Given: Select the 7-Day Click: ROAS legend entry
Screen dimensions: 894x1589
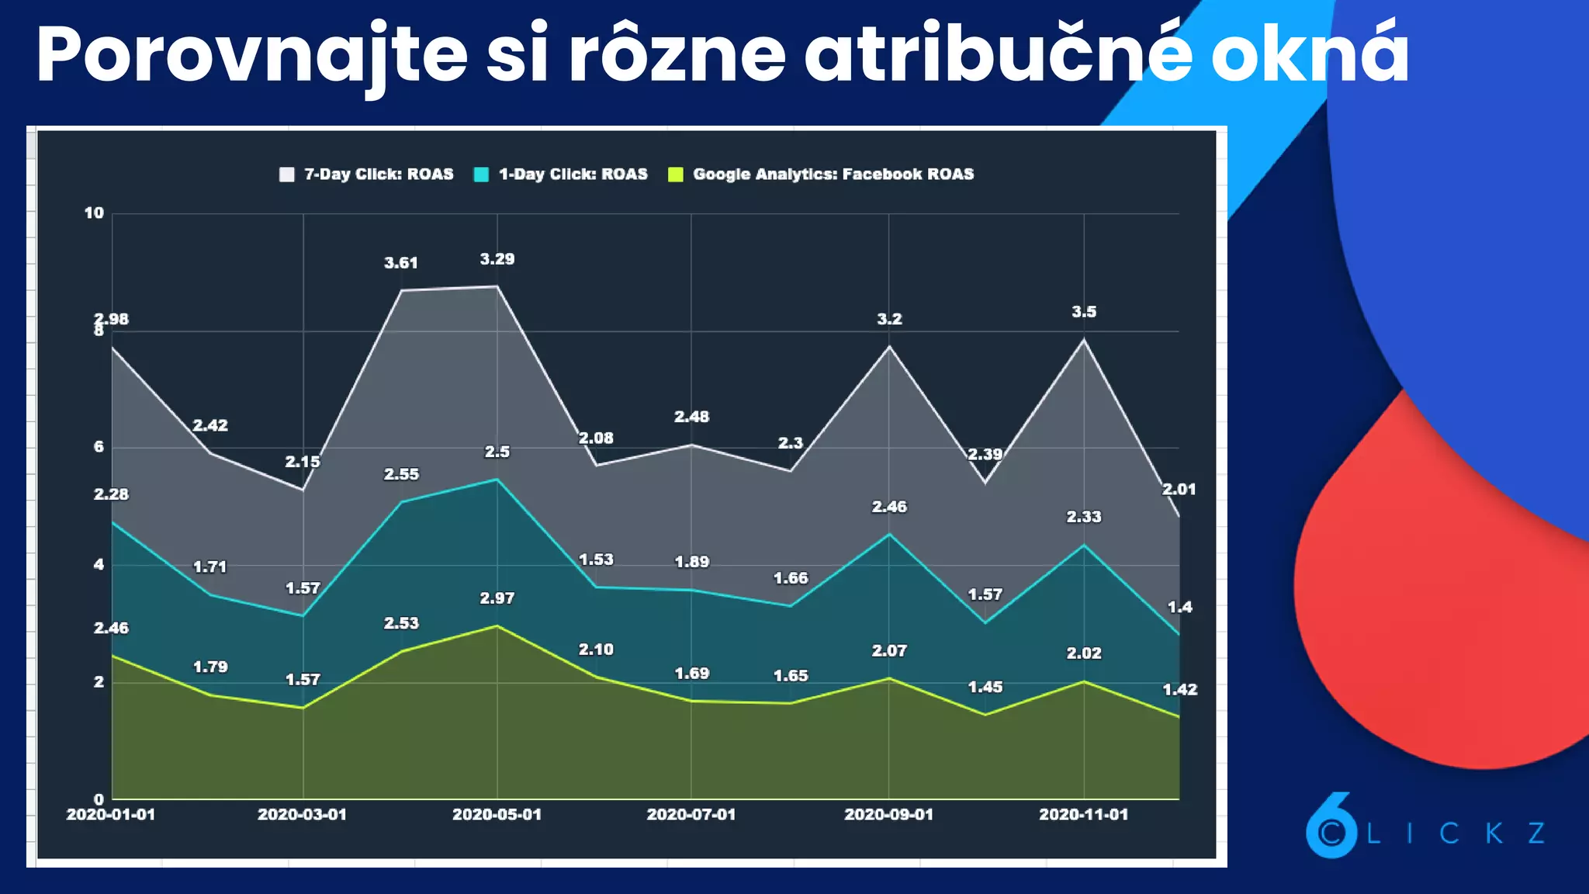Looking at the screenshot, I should click(x=366, y=175).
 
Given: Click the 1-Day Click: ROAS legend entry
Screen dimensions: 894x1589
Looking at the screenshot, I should click(x=561, y=175).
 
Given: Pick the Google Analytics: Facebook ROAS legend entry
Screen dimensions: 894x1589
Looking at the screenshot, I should click(x=821, y=175).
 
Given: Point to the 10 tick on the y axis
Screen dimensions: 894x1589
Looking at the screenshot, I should click(x=94, y=213).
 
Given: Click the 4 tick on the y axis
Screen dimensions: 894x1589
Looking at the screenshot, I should click(x=99, y=565).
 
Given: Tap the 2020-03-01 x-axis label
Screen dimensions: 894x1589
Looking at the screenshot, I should click(x=302, y=815).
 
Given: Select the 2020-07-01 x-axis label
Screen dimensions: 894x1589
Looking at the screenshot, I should click(x=691, y=815).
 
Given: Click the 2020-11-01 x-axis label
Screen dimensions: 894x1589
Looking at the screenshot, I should click(x=1083, y=815).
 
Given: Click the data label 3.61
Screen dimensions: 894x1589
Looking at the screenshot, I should click(x=401, y=263).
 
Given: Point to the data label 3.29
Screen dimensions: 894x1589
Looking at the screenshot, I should click(x=497, y=259).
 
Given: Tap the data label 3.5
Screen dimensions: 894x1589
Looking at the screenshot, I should click(x=1084, y=312).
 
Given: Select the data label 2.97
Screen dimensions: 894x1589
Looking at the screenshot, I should click(x=497, y=598).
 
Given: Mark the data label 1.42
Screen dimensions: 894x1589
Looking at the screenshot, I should click(x=1179, y=690).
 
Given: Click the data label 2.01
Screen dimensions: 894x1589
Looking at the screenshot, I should click(x=1179, y=490).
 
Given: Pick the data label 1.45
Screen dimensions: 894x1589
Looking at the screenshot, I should click(x=985, y=688).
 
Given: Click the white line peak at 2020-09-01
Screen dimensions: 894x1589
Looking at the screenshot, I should click(x=889, y=346).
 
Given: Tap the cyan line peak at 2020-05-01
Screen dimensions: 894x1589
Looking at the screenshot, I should click(x=497, y=480).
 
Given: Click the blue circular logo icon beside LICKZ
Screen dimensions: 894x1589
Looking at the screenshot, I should click(x=1331, y=829).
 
